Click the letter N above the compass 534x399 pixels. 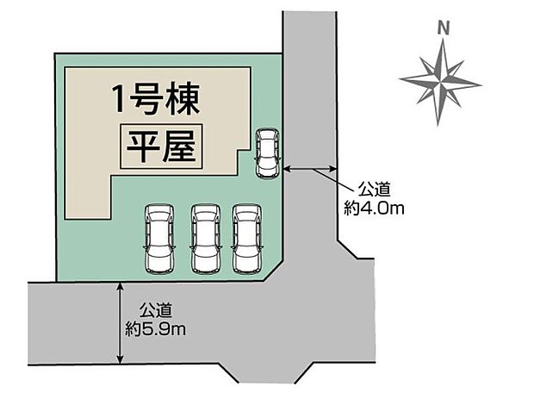click(x=444, y=28)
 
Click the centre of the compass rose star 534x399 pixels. click(x=441, y=82)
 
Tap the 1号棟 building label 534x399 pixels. click(x=156, y=99)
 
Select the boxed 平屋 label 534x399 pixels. click(x=161, y=147)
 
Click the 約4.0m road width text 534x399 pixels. click(x=374, y=208)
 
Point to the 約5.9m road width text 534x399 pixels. click(x=155, y=329)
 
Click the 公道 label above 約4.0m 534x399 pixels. click(x=374, y=190)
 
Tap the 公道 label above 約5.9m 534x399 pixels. click(x=155, y=310)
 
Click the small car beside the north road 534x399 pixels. click(x=267, y=153)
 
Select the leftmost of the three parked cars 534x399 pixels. click(x=159, y=239)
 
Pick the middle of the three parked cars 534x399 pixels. click(x=205, y=239)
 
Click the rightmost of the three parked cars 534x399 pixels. click(x=247, y=239)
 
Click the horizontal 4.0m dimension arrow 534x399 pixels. click(x=309, y=168)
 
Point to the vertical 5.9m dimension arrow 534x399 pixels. click(x=120, y=323)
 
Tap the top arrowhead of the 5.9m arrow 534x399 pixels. click(x=120, y=286)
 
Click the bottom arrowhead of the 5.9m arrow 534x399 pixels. click(x=120, y=360)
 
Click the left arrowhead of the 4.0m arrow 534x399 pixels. click(x=287, y=168)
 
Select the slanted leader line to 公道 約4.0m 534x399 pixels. click(x=334, y=179)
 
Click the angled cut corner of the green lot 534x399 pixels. click(x=274, y=271)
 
